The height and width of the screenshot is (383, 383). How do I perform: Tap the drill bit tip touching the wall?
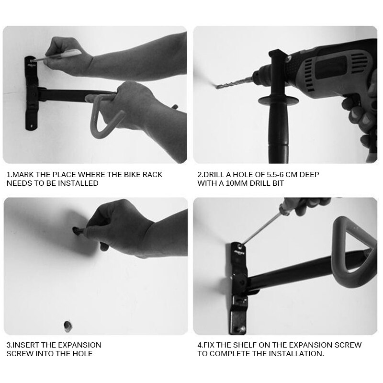point(217,86)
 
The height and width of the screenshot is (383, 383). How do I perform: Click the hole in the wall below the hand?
point(68,327)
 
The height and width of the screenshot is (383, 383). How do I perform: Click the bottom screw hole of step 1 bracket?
point(31,126)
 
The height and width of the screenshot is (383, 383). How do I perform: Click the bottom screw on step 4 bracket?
point(242,329)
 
